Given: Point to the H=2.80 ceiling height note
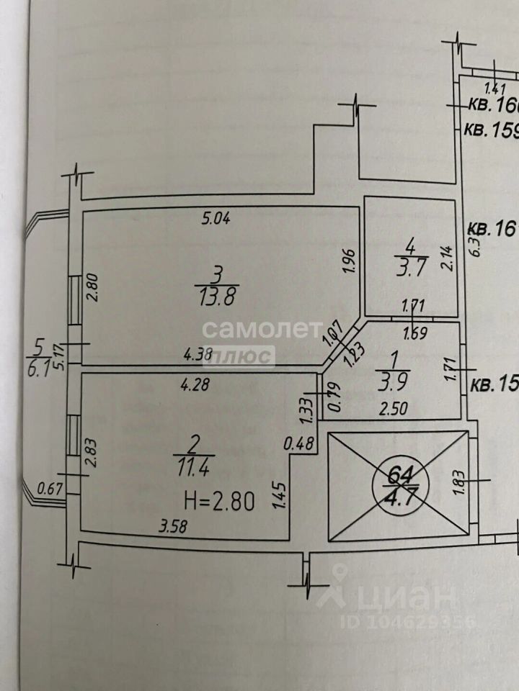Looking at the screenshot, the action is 219,500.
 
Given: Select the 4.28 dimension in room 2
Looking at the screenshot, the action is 196,384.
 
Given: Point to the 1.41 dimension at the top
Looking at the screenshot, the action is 496,89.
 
